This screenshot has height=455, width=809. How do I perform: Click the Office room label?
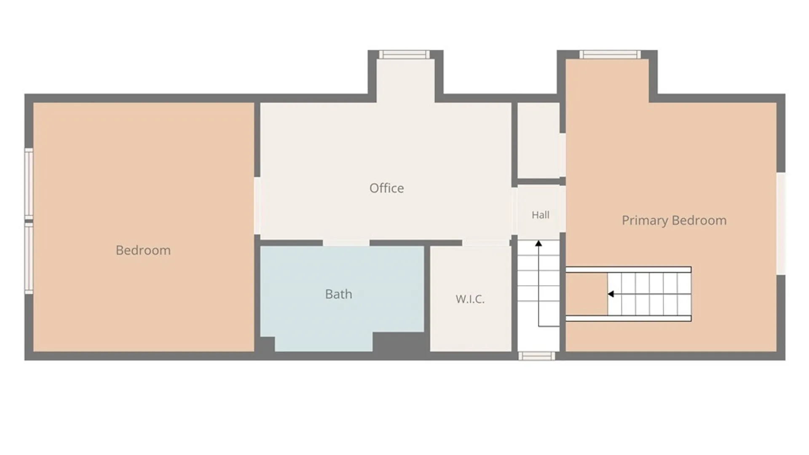click(386, 188)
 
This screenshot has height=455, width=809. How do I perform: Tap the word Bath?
click(338, 294)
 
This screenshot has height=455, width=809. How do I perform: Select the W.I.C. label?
click(470, 299)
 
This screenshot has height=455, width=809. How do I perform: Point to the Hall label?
click(540, 215)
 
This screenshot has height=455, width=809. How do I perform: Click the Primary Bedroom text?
click(674, 220)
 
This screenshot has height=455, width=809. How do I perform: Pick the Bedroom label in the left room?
click(143, 250)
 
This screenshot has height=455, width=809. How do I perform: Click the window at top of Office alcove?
click(404, 54)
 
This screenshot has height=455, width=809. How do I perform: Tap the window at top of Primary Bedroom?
click(610, 54)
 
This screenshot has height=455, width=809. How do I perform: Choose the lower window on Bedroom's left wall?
click(29, 258)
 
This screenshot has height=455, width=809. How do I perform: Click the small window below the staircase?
click(536, 356)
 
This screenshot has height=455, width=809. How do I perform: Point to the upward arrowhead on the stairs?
click(538, 243)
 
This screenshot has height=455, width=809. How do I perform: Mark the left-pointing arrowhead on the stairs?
click(611, 294)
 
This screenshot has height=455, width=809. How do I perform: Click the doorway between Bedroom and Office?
click(257, 206)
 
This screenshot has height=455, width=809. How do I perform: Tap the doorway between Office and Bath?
click(346, 243)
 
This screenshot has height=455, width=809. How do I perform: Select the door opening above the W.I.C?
click(486, 243)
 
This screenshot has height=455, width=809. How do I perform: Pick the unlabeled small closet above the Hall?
click(538, 140)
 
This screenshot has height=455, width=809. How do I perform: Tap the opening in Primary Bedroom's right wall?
click(781, 224)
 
